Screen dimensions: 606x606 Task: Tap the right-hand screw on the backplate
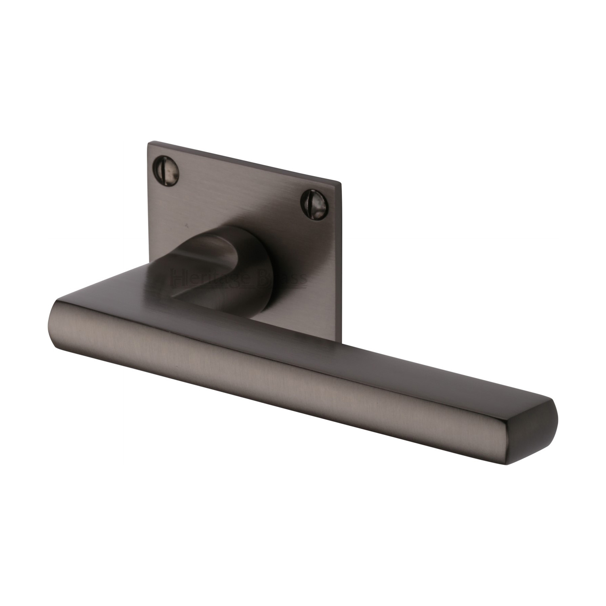click(310, 198)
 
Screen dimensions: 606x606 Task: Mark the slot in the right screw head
click(310, 198)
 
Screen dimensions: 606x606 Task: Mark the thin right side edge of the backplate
click(344, 263)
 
